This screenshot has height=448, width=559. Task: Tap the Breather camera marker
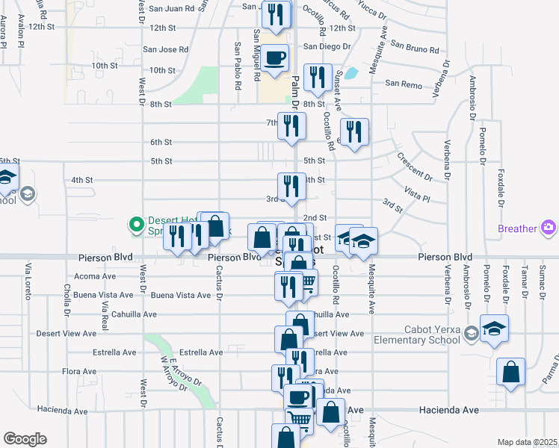(x=549, y=227)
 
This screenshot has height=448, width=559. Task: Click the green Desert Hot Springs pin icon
(x=136, y=223)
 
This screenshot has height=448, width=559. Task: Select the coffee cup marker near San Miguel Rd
(x=275, y=57)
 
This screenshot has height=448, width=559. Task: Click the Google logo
(x=25, y=439)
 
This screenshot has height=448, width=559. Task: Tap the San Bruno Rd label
(x=416, y=49)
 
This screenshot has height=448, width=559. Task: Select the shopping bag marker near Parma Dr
(x=510, y=372)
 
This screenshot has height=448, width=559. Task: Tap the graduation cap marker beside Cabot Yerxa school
(x=494, y=329)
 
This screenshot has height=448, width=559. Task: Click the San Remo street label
(x=404, y=84)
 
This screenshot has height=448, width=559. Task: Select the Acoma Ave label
(x=96, y=276)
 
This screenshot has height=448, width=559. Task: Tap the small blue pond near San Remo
(x=351, y=75)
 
